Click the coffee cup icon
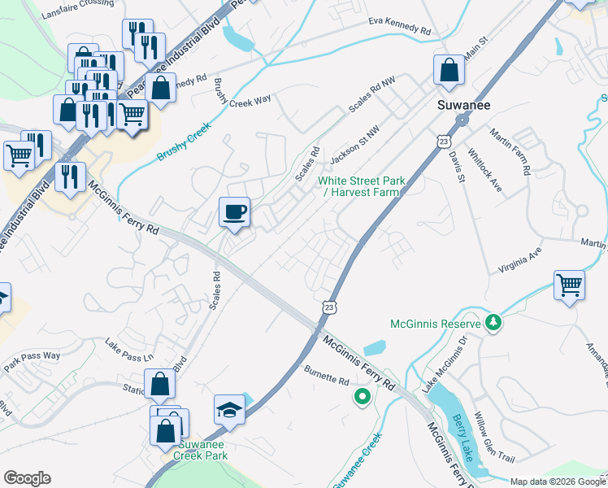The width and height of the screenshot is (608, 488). [234, 213]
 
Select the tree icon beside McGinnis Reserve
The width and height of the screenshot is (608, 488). [493, 324]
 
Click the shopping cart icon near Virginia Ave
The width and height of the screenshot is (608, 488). [570, 285]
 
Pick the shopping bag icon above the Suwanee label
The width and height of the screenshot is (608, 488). [449, 71]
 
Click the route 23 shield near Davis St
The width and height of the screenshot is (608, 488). [443, 141]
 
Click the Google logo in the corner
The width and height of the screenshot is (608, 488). [27, 478]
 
